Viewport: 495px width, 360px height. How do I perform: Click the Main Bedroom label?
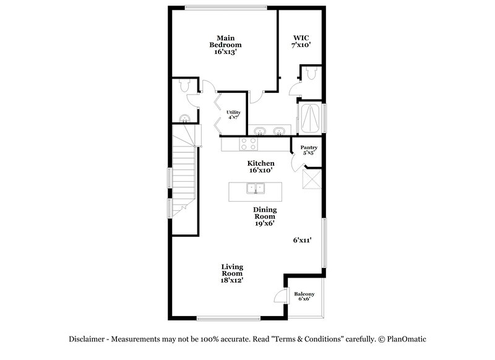225,45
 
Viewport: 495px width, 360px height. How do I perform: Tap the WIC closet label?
301,41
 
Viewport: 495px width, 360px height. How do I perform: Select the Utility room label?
233,114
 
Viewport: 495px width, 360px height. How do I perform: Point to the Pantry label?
309,150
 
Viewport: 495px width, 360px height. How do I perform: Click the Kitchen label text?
261,166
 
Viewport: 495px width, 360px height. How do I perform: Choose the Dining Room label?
265,216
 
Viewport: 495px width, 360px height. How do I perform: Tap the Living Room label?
232,273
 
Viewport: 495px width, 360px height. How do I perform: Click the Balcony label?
304,296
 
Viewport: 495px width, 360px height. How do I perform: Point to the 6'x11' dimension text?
302,240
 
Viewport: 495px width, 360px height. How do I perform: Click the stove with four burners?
249,144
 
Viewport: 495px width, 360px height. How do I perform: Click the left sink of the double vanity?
260,131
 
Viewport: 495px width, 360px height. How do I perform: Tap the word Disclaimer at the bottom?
87,339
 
